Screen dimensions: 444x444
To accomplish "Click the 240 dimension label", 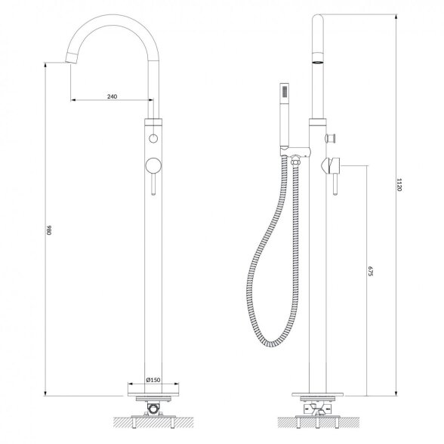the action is point(112,97).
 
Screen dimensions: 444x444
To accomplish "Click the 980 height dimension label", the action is point(48,230).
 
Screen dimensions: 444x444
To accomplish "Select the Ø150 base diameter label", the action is point(153,380).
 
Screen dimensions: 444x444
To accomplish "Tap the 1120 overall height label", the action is point(399,184).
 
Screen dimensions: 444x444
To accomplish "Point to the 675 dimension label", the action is point(371,271).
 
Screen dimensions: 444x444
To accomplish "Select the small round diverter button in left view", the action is point(153,138).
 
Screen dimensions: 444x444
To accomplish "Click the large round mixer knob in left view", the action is point(153,165).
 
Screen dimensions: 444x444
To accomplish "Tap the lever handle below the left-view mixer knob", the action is point(153,184).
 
